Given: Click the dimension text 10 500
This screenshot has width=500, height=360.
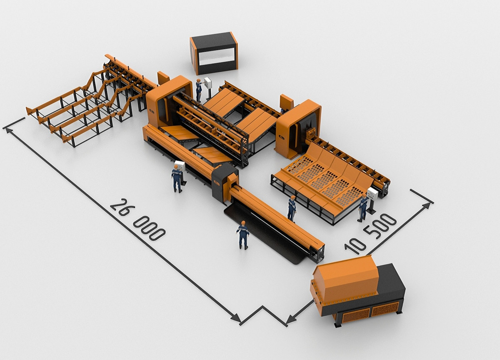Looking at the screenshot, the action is click(370, 234).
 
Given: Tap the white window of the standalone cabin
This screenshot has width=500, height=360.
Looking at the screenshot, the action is click(217, 57).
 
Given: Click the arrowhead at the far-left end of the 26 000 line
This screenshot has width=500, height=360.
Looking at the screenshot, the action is click(9, 130).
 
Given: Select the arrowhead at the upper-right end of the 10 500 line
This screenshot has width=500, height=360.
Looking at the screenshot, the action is click(426, 205).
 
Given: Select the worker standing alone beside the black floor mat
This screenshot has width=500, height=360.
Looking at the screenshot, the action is click(242, 235).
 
